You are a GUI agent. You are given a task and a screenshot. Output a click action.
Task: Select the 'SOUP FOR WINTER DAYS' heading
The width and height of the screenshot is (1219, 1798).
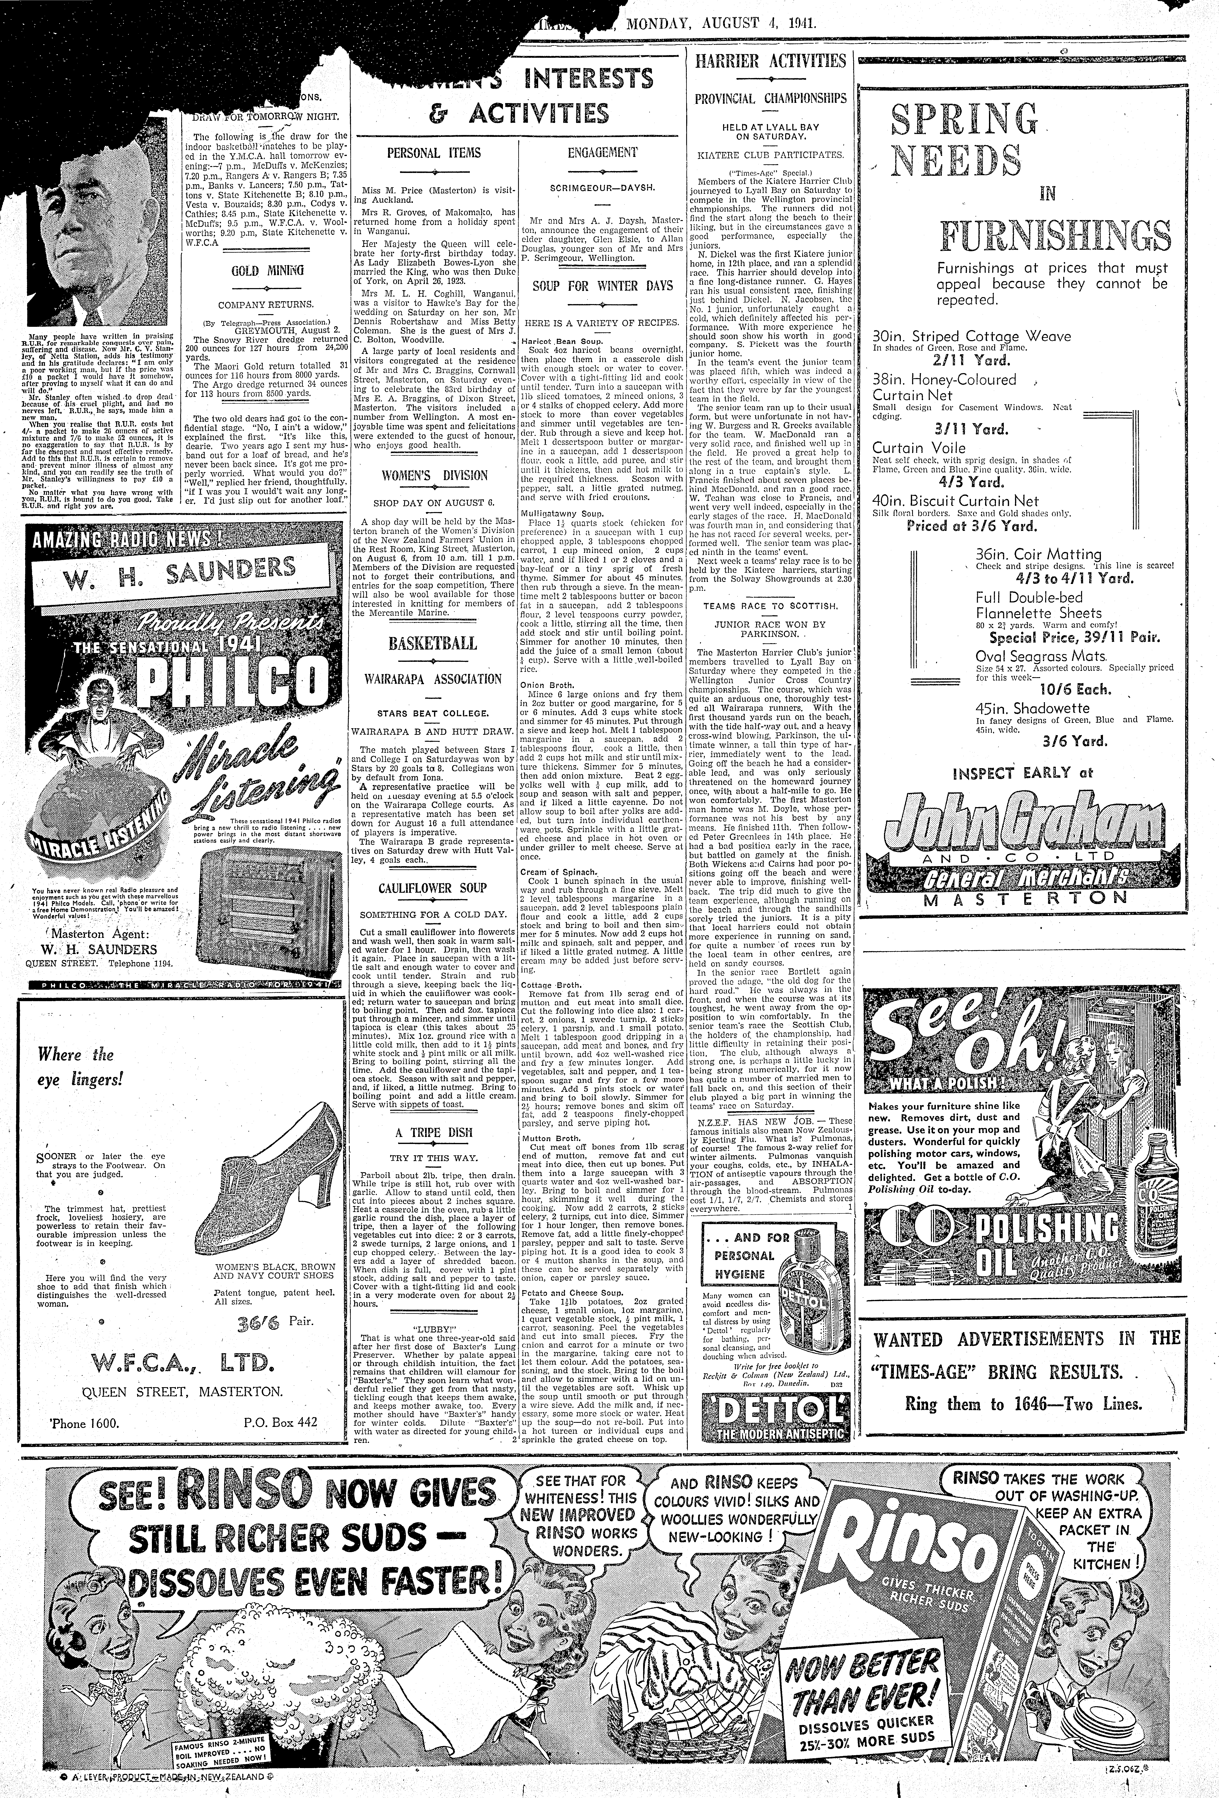(602, 285)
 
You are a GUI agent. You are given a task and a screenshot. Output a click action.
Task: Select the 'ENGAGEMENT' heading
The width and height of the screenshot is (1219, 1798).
(602, 152)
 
